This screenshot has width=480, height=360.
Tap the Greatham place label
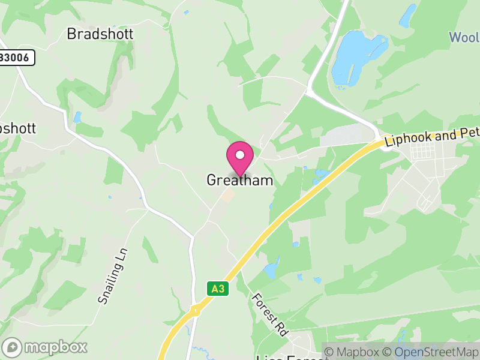(x=240, y=180)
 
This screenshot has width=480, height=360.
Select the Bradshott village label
(x=100, y=34)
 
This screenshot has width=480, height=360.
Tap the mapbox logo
(x=46, y=347)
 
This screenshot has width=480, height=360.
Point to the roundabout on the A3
(x=196, y=310)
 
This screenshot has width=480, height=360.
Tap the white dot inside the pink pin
(x=240, y=155)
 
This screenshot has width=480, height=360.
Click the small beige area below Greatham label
(x=228, y=195)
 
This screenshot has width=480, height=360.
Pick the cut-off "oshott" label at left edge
(x=18, y=128)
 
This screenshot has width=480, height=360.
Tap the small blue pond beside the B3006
(x=77, y=116)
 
